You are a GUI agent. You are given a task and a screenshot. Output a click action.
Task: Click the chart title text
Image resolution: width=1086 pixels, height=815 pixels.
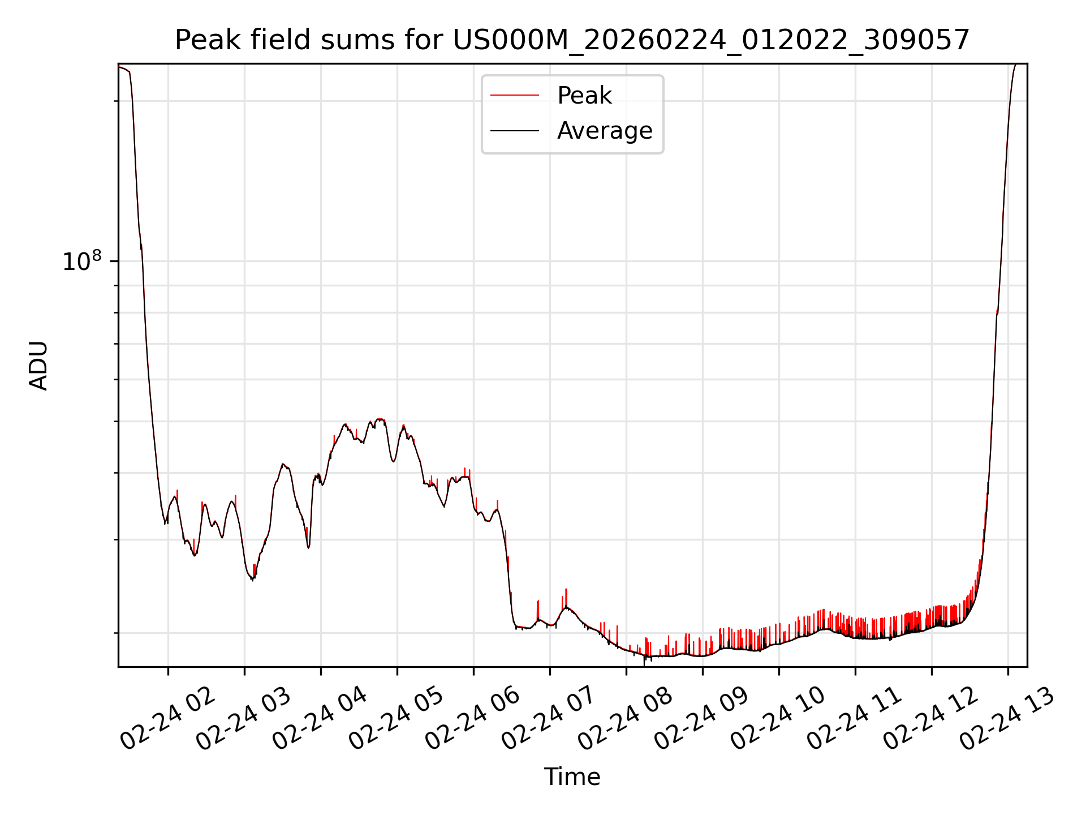572,40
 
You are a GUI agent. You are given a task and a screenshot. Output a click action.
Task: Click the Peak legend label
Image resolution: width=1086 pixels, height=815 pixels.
584,96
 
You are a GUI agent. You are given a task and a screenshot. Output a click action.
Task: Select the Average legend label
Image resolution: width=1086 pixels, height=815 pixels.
604,131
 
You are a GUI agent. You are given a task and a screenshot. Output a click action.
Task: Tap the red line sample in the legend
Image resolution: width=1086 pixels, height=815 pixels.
515,96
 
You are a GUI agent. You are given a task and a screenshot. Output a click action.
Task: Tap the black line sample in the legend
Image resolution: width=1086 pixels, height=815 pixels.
515,131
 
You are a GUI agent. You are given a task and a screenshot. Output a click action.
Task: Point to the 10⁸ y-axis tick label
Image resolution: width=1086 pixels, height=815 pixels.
82,261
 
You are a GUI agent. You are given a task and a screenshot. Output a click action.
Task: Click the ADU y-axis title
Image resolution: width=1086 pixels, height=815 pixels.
38,365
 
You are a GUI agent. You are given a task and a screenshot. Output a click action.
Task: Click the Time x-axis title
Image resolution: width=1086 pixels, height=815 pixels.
572,777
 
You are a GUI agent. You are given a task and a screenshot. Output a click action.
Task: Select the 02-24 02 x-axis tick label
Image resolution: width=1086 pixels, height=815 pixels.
168,719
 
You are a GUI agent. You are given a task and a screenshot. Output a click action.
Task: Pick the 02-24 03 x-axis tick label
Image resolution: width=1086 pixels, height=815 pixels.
244,719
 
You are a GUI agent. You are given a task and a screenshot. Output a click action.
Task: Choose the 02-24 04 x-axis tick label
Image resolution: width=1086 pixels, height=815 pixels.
320,719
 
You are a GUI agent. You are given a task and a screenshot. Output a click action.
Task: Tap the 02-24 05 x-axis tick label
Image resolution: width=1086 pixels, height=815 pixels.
397,719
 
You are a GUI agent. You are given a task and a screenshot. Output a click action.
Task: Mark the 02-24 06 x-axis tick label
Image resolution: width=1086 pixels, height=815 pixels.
473,719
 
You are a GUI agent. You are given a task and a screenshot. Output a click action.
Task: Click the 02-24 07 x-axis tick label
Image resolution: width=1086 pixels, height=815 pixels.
549,719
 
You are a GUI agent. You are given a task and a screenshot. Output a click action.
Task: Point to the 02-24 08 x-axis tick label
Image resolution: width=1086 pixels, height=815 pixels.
626,719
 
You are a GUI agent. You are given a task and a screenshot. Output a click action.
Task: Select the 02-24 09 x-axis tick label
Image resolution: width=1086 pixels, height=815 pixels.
702,719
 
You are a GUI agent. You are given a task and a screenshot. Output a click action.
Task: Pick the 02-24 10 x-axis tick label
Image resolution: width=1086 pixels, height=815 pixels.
778,719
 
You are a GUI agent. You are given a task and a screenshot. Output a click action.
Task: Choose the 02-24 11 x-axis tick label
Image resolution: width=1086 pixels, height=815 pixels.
855,719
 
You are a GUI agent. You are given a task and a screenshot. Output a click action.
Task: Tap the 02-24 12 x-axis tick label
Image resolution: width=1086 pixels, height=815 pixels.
931,719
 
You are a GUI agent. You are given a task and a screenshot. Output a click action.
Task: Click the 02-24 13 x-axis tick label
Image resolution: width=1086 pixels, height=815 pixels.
1007,719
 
